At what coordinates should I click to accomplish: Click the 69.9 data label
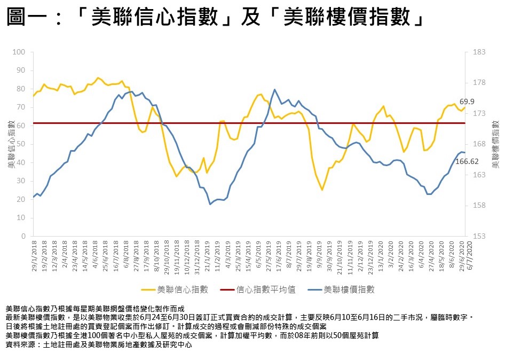click(x=467, y=101)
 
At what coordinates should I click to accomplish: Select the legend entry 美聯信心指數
click(x=183, y=289)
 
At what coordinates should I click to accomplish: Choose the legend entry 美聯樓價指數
click(x=349, y=289)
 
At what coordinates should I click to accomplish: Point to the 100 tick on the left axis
click(x=20, y=52)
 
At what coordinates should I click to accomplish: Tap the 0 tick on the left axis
click(x=23, y=236)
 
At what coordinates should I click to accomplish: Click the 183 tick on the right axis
click(x=479, y=52)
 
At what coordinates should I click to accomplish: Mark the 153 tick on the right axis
click(x=479, y=236)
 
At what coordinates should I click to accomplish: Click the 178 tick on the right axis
click(x=479, y=83)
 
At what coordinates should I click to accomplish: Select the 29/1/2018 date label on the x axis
click(x=34, y=257)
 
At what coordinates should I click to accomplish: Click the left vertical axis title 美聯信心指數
click(x=10, y=144)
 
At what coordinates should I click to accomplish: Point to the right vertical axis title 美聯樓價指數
click(x=496, y=144)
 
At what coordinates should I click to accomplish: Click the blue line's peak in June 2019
click(x=274, y=90)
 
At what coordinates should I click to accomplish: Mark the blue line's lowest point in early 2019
click(x=210, y=204)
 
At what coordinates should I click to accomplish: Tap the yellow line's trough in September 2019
click(x=322, y=190)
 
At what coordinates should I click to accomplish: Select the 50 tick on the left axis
click(x=22, y=144)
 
